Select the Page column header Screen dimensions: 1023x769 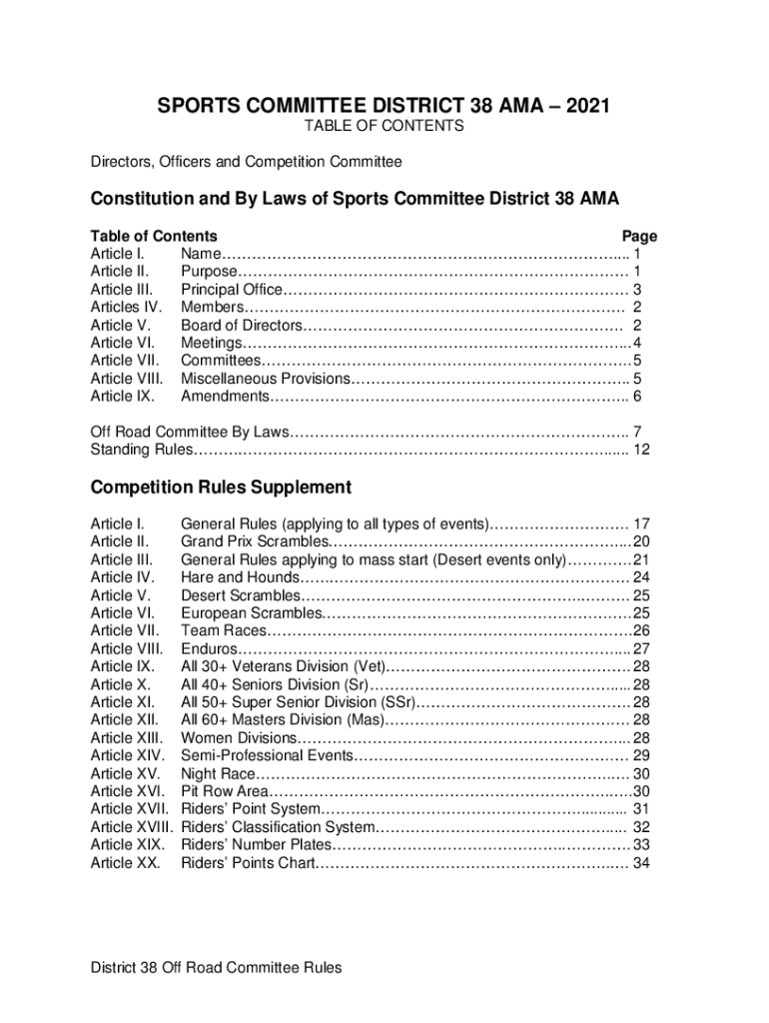639,237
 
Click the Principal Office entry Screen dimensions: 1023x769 232,290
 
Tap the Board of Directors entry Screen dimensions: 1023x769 240,326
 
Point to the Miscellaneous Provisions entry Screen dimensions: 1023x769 265,379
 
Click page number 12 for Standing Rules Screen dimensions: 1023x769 642,450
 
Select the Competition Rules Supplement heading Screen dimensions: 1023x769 221,488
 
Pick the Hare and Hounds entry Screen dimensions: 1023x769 239,577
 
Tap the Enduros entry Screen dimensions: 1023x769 209,647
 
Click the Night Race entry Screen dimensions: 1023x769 219,773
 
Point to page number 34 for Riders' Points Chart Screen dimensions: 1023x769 642,863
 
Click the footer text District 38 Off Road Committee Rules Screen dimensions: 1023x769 216,967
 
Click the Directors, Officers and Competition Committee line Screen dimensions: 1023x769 246,161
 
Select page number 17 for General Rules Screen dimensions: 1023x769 642,523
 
